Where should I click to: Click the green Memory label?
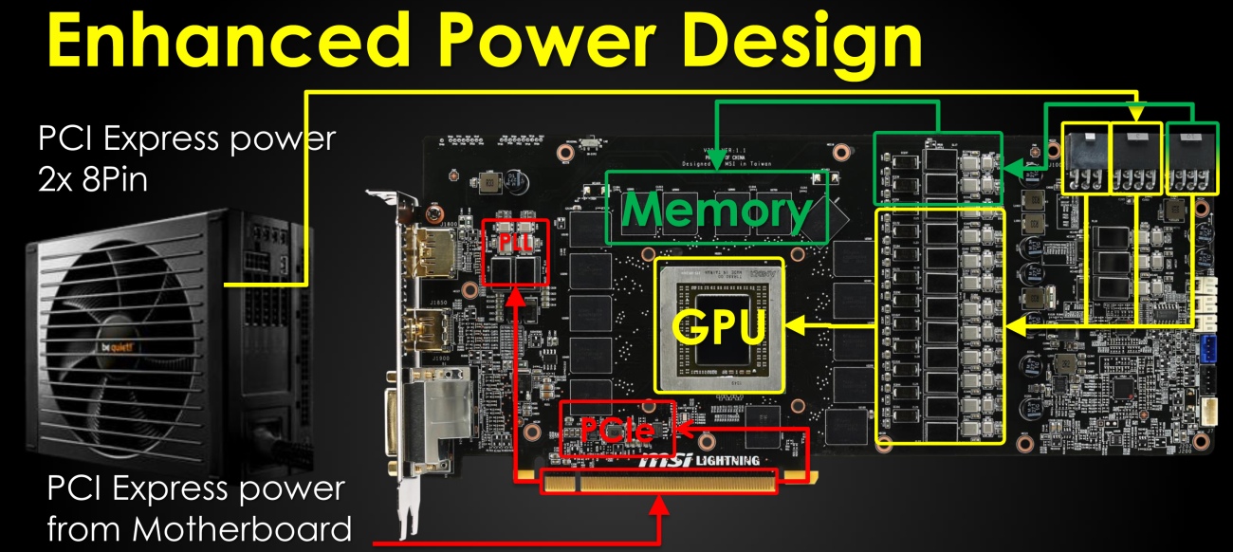point(716,211)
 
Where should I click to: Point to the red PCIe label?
point(616,429)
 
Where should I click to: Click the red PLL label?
point(513,243)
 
